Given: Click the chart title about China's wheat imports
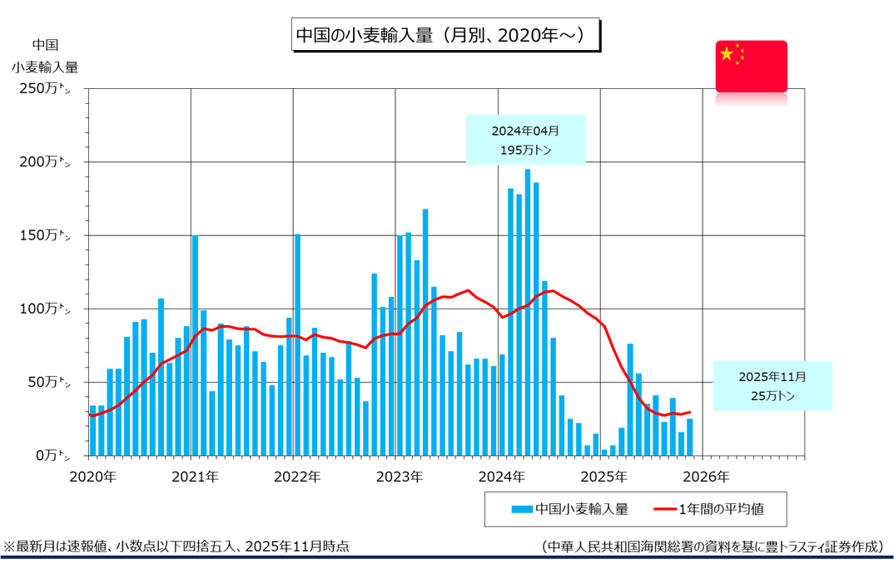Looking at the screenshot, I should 446,36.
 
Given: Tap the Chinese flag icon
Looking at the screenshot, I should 751,66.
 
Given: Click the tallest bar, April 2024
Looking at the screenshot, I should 528,312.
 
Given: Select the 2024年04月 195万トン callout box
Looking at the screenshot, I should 525,140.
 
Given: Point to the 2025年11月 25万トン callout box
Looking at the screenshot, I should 772,386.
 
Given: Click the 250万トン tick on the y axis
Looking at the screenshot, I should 48,89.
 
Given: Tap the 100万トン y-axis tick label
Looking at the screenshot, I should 48,309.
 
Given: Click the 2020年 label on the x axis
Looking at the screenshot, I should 92,477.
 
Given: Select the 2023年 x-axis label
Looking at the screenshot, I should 399,477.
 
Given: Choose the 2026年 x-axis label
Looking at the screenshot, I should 705,477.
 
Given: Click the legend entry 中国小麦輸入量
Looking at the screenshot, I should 571,508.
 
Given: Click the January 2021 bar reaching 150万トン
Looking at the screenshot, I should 196,345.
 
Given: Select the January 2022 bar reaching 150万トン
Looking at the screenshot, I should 297,345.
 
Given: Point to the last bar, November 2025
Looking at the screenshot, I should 690,437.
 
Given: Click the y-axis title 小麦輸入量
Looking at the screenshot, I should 45,67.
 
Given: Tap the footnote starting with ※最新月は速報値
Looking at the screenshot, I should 176,546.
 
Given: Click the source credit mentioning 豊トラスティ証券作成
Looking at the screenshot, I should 712,546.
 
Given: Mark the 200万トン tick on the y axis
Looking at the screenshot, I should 48,162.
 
